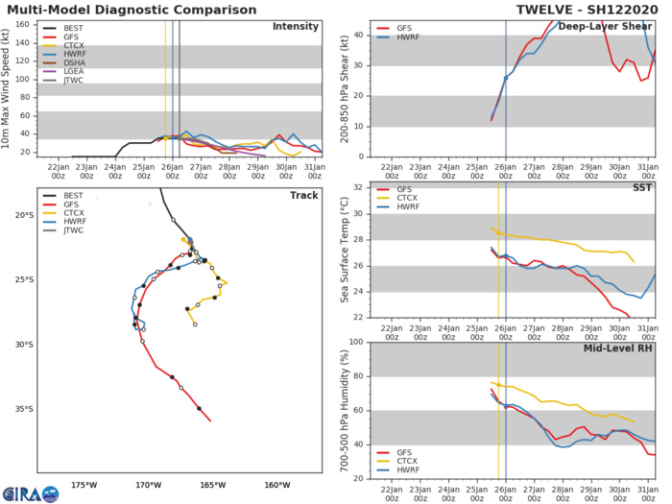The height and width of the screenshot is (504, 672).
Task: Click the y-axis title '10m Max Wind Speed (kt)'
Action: coord(10,87)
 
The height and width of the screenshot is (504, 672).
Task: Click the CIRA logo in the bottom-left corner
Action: coord(30,493)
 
